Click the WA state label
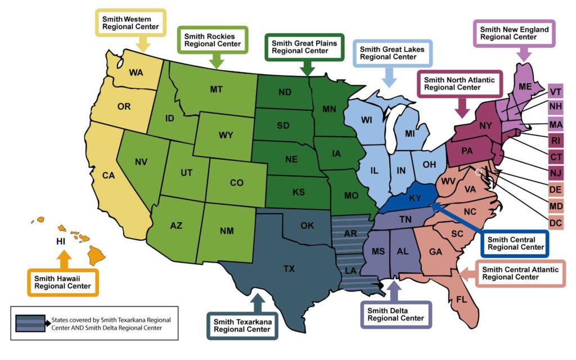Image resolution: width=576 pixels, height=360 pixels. point(136,73)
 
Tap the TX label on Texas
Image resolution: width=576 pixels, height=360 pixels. point(289,269)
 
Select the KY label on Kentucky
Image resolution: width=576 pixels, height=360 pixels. point(415,198)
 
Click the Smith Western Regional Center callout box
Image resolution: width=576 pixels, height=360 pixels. point(130,22)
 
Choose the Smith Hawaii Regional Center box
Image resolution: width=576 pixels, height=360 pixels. point(63,282)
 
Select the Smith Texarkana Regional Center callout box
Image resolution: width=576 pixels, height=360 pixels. point(242,325)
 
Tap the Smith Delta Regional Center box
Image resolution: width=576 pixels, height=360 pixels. point(396,314)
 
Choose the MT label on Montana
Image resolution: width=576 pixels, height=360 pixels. point(216,89)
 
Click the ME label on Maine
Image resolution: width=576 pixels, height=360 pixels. point(525,86)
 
